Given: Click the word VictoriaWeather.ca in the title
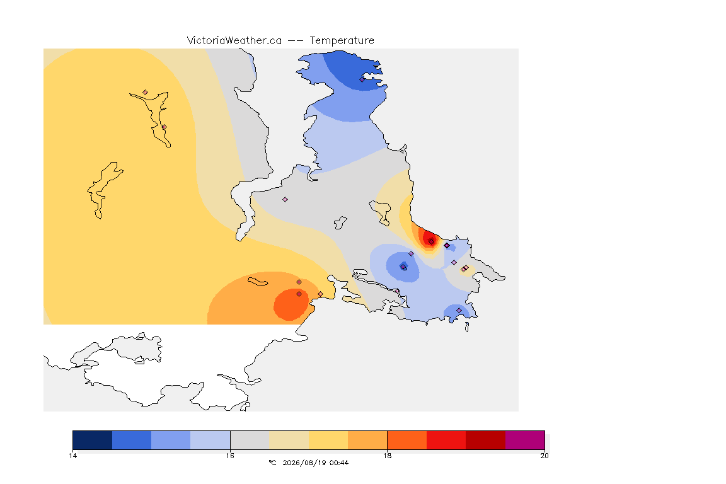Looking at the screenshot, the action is point(234,41).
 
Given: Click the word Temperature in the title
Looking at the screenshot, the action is point(342,41).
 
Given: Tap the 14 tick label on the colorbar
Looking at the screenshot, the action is point(72,456).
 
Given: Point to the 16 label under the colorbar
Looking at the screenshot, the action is point(230,456).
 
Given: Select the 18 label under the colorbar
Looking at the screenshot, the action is point(387,456).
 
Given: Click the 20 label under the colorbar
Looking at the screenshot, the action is point(544,456).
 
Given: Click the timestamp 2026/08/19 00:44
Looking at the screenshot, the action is point(316,463).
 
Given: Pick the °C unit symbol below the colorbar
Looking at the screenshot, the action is point(272,463).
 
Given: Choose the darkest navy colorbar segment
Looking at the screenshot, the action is point(93,440).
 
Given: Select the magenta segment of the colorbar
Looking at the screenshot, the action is point(525,440).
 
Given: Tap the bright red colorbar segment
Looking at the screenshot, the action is point(446,440).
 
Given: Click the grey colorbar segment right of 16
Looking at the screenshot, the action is point(250,440).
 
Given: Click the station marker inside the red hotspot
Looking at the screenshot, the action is point(432,241).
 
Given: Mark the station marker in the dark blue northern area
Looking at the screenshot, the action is point(362,79).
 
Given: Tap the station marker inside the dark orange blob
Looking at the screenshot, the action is point(299,294).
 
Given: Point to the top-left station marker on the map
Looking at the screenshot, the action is point(146,93).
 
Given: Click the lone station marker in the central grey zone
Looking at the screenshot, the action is point(285,200).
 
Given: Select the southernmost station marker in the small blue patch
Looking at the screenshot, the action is point(459,310).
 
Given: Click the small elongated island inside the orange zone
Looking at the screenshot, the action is point(258,282).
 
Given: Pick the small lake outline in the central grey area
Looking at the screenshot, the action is point(340,223).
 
